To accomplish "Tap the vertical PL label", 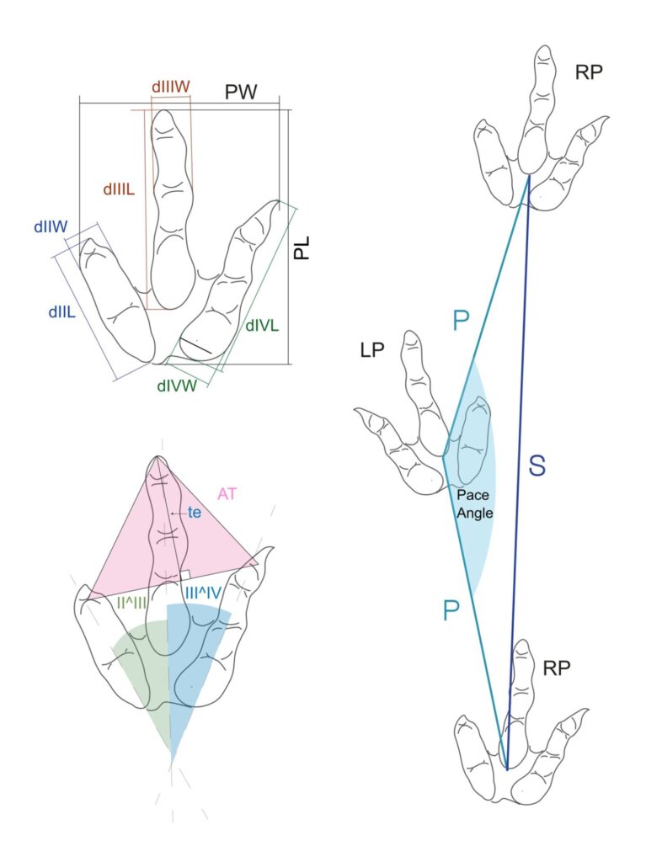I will point(302,246).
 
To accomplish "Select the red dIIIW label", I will point(170,87).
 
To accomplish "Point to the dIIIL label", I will point(120,190).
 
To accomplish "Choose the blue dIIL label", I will point(63,311).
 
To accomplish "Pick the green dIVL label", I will point(263,324).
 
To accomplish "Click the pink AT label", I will point(227,495).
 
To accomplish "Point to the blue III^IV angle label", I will point(201,593).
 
